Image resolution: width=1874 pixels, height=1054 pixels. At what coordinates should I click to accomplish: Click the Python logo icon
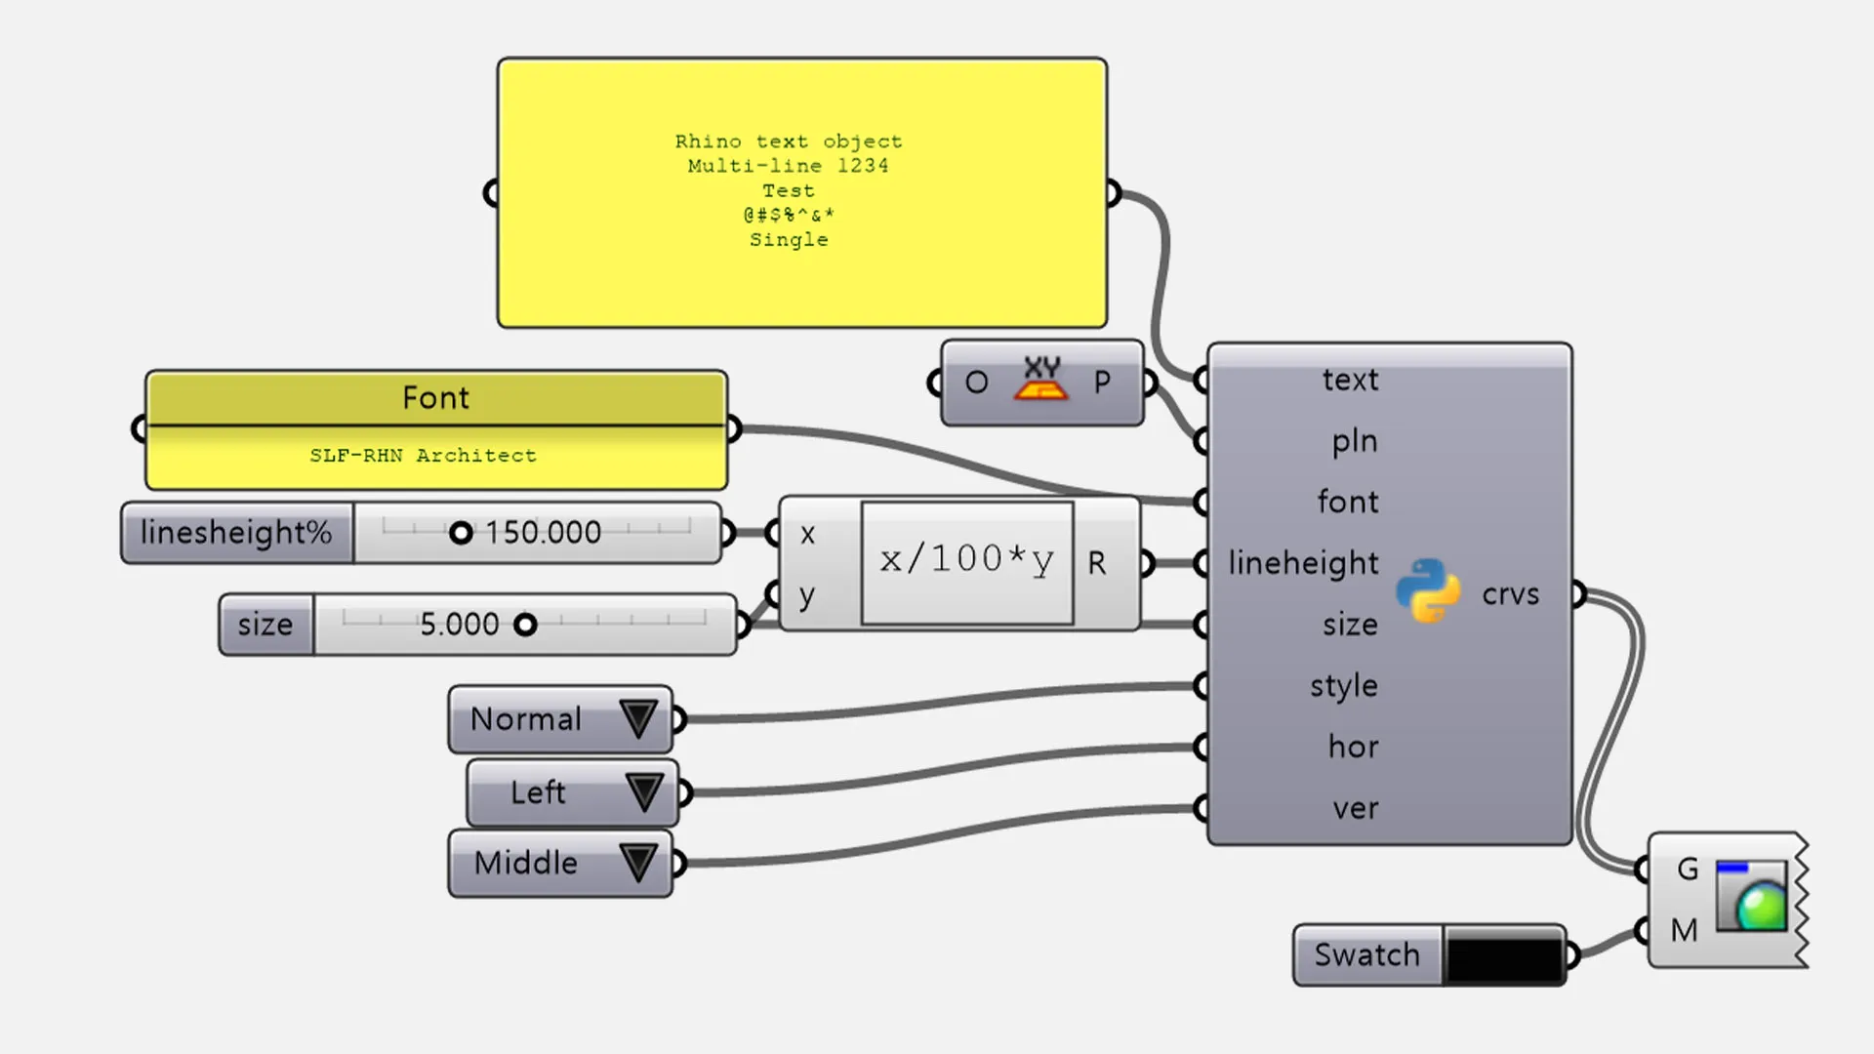pos(1428,591)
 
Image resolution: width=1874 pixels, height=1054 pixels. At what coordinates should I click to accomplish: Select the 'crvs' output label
pos(1510,594)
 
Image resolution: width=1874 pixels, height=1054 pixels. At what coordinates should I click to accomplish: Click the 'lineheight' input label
pos(1303,563)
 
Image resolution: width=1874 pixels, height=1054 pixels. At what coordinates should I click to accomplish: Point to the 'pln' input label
pos(1355,441)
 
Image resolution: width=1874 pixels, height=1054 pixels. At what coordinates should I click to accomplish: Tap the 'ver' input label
pos(1356,808)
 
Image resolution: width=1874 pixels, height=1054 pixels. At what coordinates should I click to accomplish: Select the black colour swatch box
pos(1504,955)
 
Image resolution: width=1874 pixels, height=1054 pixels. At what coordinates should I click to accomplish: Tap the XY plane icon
pos(1041,381)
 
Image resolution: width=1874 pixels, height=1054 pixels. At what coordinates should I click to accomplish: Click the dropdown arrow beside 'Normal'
pos(639,719)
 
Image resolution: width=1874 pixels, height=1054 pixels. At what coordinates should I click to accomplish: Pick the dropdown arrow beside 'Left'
pos(644,791)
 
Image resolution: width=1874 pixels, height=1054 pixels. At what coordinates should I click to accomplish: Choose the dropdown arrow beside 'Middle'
pos(639,863)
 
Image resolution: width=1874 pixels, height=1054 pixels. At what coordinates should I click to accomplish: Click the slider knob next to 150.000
pos(461,533)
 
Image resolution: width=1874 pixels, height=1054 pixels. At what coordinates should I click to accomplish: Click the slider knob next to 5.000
pos(525,625)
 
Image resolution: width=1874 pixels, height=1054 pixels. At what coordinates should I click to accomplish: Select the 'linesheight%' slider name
pos(236,533)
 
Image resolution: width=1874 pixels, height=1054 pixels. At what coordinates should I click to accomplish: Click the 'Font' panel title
pos(435,398)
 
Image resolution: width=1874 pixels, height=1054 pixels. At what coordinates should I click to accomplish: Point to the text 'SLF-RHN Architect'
pos(423,456)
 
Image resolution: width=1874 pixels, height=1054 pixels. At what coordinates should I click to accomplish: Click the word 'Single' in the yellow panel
pos(789,240)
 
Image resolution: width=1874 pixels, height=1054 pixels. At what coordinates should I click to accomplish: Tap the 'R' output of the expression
pos(1097,563)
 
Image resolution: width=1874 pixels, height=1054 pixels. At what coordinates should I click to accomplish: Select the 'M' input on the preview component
pos(1684,930)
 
